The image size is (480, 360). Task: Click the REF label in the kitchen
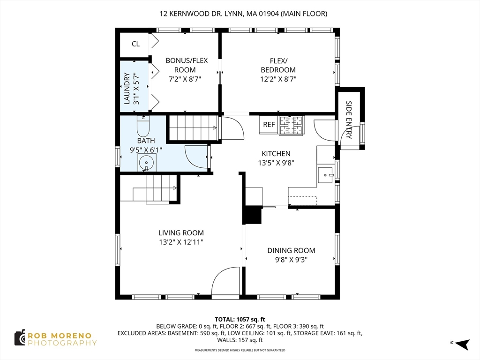pyautogui.click(x=269, y=125)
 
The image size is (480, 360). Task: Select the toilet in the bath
pyautogui.click(x=143, y=126)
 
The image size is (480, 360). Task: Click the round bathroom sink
pyautogui.click(x=147, y=163)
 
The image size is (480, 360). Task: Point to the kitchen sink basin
pyautogui.click(x=325, y=175)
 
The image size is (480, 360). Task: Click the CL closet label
pyautogui.click(x=135, y=44)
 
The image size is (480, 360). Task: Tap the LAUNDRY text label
pyautogui.click(x=127, y=89)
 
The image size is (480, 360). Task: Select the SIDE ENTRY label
pyautogui.click(x=348, y=120)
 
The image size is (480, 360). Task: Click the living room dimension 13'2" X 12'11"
pyautogui.click(x=181, y=242)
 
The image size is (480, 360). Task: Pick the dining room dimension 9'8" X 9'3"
pyautogui.click(x=291, y=260)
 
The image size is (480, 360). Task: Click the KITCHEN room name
pyautogui.click(x=276, y=154)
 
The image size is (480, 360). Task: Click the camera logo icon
pyautogui.click(x=20, y=338)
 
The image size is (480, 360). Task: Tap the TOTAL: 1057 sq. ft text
pyautogui.click(x=240, y=320)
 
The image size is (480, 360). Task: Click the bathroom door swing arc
pyautogui.click(x=196, y=157)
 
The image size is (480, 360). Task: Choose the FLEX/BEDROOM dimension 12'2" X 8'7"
pyautogui.click(x=278, y=79)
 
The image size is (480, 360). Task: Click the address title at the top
pyautogui.click(x=243, y=14)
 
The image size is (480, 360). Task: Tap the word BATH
pyautogui.click(x=146, y=141)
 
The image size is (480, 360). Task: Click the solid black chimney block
pyautogui.click(x=252, y=215)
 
